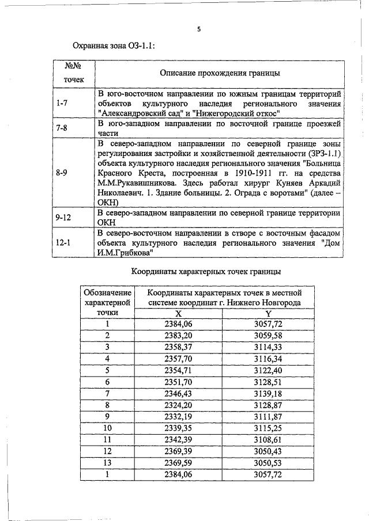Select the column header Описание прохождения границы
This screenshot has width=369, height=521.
[x=220, y=74]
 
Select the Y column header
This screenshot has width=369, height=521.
[x=268, y=313]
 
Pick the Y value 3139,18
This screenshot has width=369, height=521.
[x=268, y=393]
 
